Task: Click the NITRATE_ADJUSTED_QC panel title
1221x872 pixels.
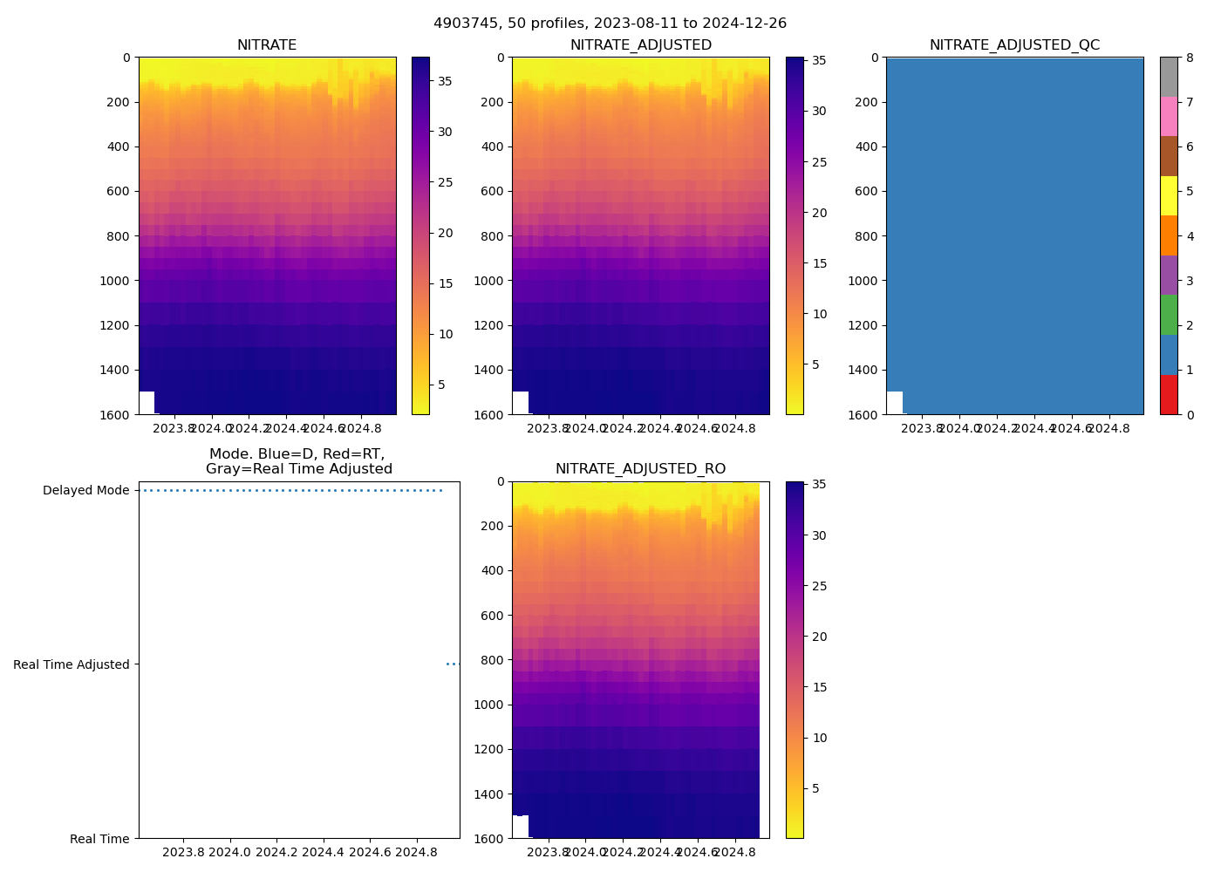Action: tap(1014, 45)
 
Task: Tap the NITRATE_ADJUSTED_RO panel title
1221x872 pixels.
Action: tap(640, 469)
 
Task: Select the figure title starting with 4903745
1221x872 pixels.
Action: tap(610, 24)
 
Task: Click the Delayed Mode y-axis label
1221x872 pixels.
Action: tap(85, 490)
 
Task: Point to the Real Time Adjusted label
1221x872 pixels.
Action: tap(71, 664)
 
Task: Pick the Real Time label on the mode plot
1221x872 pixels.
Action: tap(99, 839)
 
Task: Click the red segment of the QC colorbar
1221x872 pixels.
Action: tap(1169, 394)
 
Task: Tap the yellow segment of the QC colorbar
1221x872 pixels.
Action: tap(1169, 195)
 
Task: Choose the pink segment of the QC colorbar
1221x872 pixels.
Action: tap(1169, 116)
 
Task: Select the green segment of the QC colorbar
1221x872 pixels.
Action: tap(1169, 315)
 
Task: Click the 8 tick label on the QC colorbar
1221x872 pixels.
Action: tap(1190, 58)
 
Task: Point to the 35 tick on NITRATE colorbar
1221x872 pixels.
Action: tap(445, 81)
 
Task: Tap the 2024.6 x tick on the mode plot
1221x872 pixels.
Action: tap(370, 852)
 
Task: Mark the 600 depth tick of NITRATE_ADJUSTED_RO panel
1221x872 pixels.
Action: tap(491, 616)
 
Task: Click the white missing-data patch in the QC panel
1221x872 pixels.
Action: tap(895, 403)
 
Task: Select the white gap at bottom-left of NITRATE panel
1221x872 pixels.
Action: tap(147, 403)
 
